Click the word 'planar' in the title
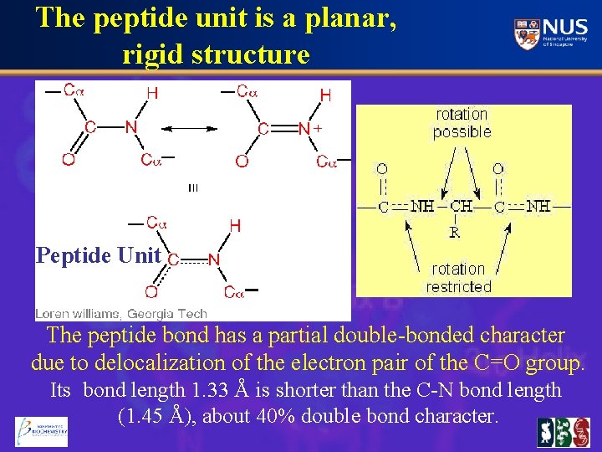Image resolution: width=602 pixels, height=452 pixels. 344,18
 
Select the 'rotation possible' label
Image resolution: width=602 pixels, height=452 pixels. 462,122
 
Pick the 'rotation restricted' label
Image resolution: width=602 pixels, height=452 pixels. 458,278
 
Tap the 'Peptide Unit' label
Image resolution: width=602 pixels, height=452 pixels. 98,255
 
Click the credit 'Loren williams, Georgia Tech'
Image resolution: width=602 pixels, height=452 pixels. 121,314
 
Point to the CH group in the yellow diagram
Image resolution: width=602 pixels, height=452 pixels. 461,206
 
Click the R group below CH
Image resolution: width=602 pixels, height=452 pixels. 455,232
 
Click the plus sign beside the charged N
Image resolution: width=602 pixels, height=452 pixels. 318,128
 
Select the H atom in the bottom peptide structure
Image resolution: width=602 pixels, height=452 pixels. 235,226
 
